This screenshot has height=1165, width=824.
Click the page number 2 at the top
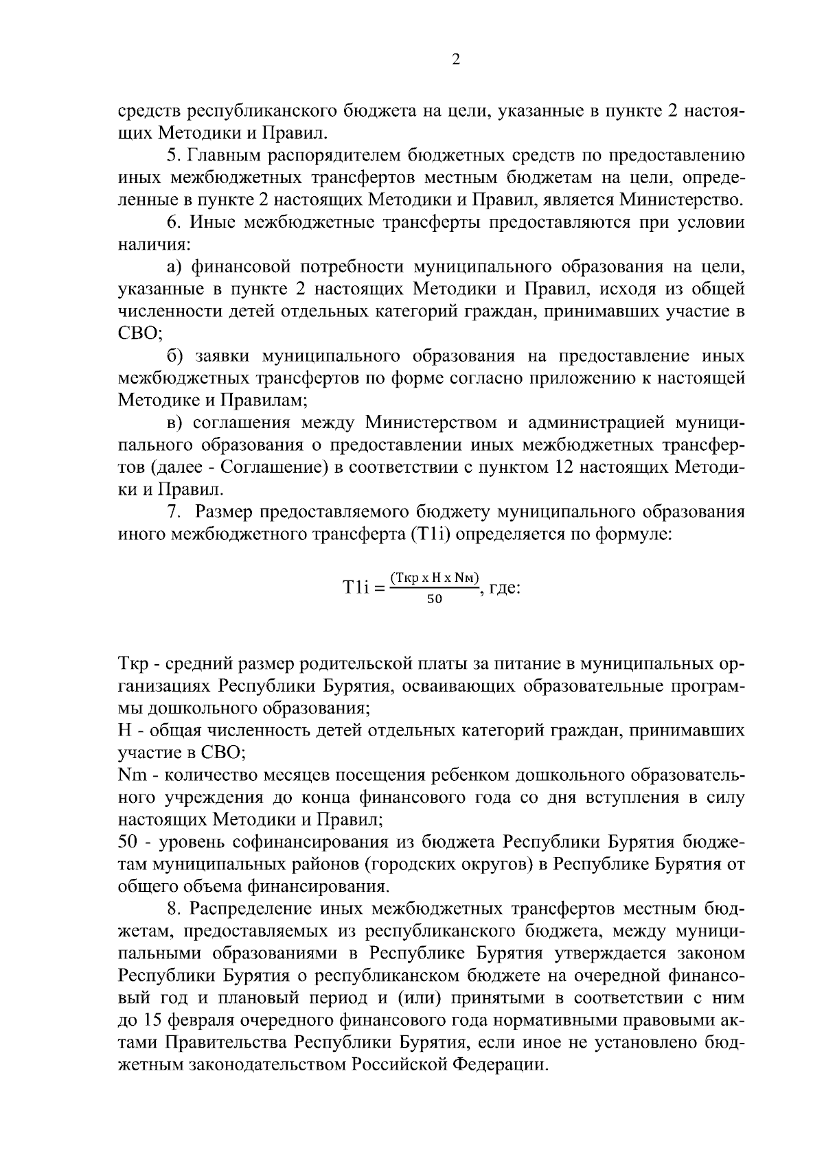pos(456,60)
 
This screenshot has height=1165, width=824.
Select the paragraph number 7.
pos(174,512)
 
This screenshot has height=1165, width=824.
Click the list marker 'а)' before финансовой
pos(174,267)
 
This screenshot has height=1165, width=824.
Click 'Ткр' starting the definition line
pos(131,664)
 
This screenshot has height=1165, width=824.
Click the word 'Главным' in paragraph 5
pos(223,155)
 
